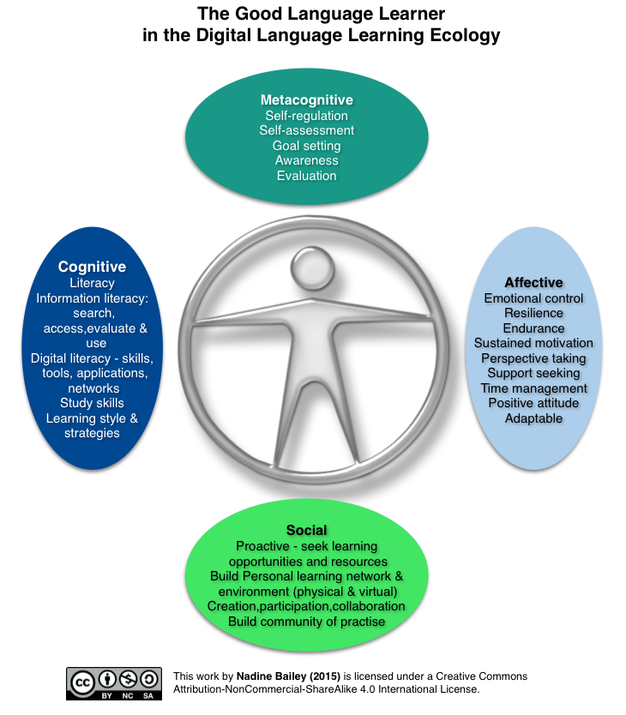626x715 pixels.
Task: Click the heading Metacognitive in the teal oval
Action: [306, 99]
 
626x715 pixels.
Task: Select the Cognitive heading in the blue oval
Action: [92, 267]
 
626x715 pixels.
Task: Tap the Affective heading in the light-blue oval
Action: [533, 283]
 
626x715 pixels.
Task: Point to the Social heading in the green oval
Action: [306, 531]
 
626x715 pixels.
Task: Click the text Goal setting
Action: [306, 145]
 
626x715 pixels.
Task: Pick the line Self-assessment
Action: [306, 130]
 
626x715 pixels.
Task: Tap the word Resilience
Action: [533, 314]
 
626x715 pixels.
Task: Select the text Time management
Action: [533, 388]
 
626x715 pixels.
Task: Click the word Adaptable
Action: [533, 418]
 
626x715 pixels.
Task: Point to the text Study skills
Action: [92, 403]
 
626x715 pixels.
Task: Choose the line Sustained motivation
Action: [533, 343]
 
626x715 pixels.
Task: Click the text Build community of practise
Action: [306, 622]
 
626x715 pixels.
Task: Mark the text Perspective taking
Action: [533, 358]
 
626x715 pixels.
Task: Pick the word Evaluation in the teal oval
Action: [306, 176]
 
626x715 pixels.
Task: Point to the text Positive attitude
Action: [533, 403]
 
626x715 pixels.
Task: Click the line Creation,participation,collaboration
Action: [306, 606]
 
